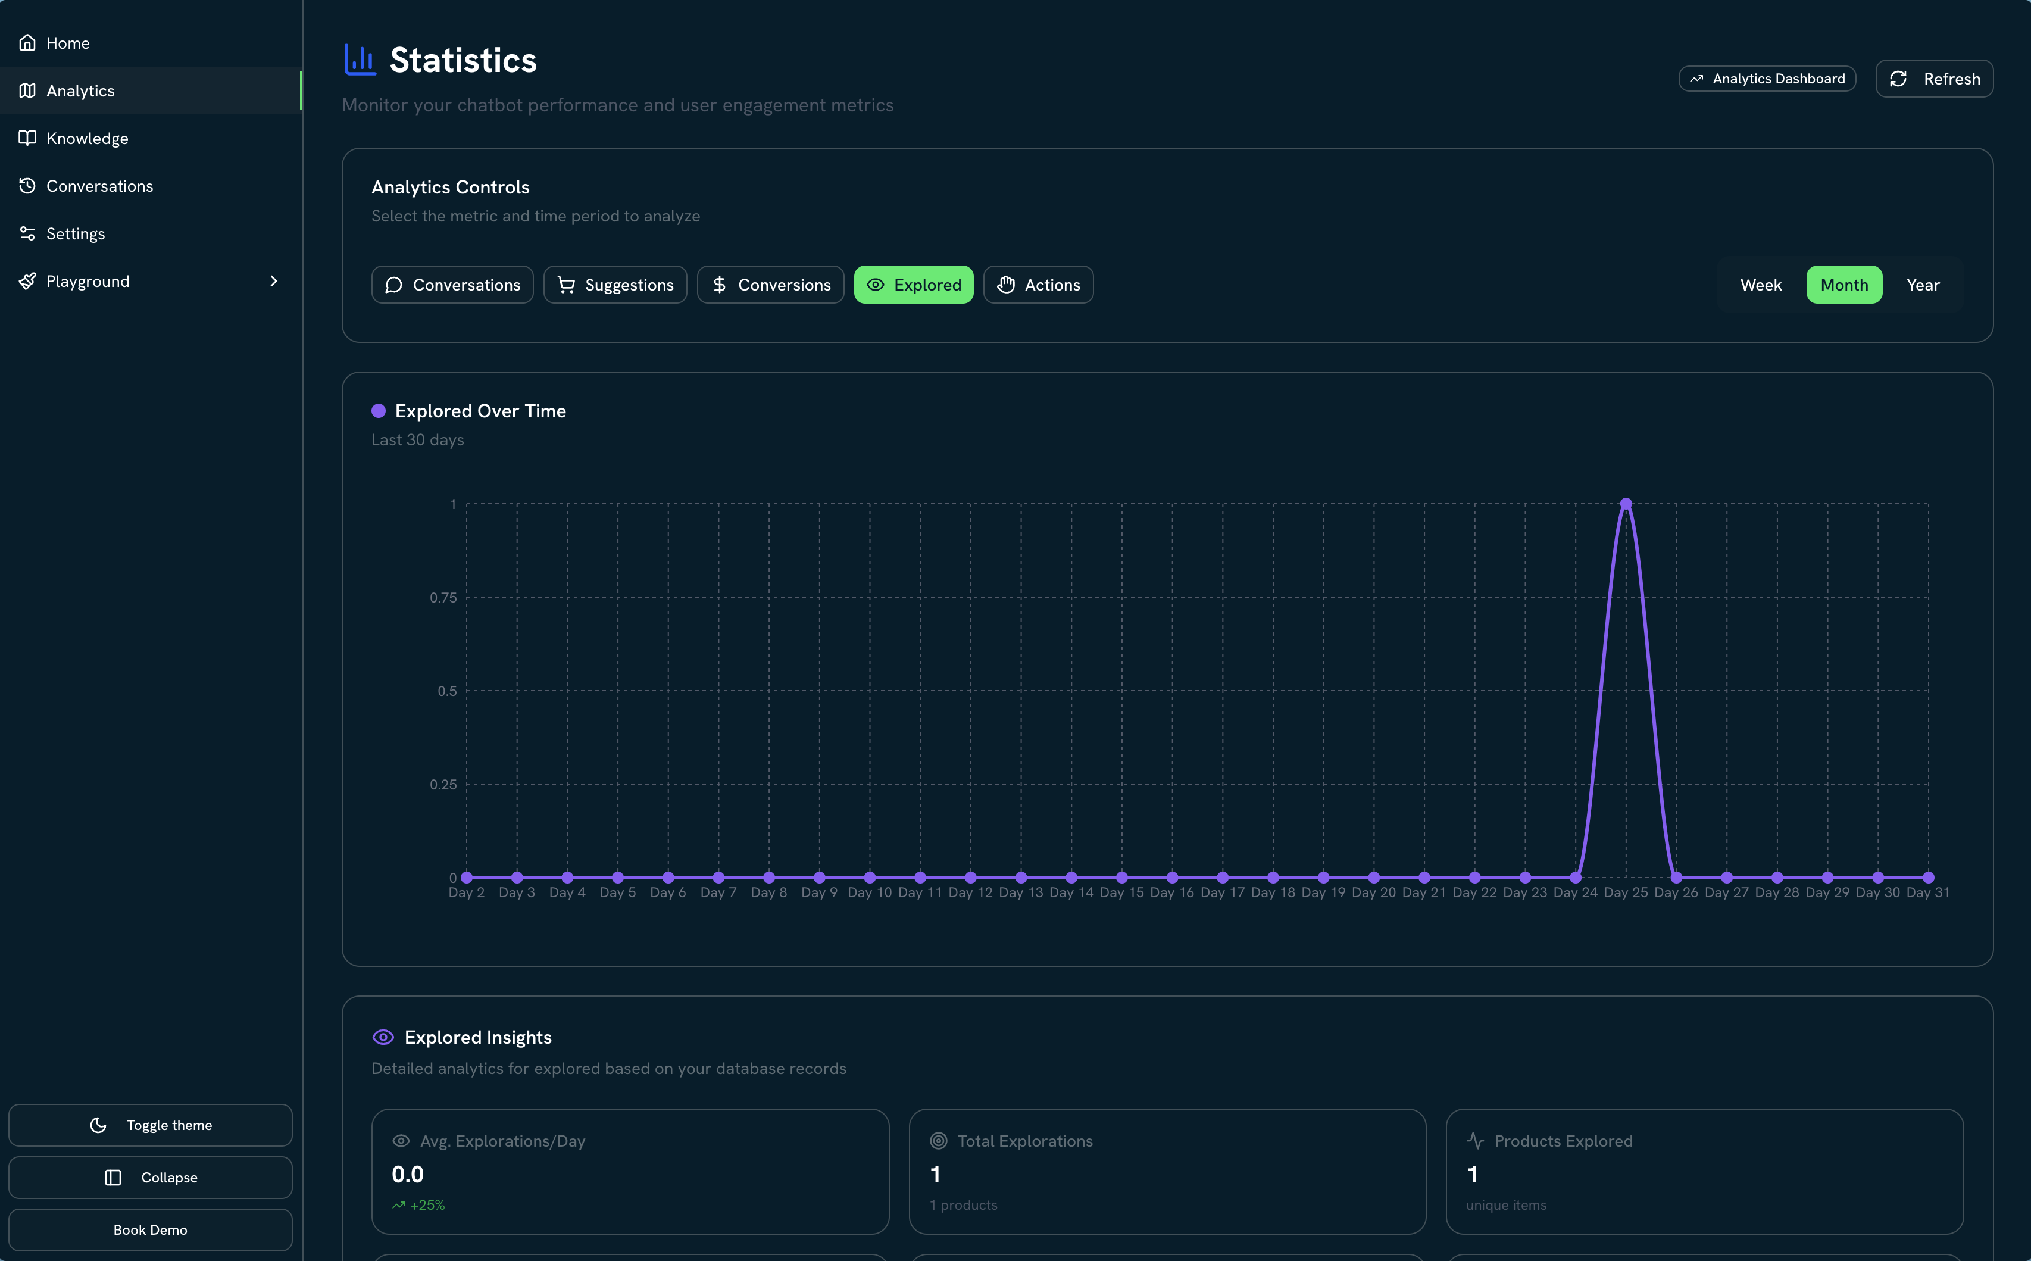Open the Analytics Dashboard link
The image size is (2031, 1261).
(1767, 79)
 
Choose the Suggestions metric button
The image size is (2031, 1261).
(615, 285)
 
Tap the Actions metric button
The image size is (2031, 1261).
(1038, 285)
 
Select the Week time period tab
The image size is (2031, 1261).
(1760, 285)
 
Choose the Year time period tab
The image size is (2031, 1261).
(1922, 285)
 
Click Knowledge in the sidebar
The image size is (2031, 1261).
(87, 139)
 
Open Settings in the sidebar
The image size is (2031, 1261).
(75, 233)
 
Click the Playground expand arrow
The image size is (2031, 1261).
(273, 281)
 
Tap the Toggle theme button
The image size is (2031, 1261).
(150, 1125)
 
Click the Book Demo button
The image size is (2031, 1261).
(150, 1229)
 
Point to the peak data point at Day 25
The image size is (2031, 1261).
(1625, 504)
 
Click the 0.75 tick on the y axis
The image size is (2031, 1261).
(443, 597)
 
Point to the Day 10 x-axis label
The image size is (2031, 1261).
(870, 892)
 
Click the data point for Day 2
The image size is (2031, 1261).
(467, 878)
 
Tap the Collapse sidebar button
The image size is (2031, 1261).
(150, 1177)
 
